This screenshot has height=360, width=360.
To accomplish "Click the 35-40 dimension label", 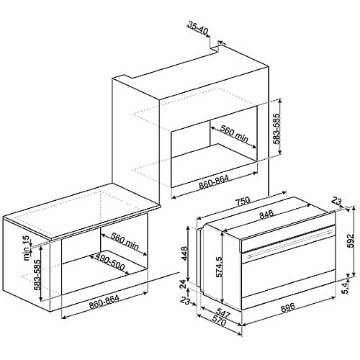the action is (198, 28).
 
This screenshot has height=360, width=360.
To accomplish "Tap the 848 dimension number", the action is (266, 214).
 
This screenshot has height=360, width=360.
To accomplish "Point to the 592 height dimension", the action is (351, 240).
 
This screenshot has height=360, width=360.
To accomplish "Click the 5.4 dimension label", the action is (345, 288).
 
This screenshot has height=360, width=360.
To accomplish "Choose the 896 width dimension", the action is (287, 307).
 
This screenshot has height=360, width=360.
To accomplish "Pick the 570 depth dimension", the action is (218, 322).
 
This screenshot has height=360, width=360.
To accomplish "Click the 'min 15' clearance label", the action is (27, 248).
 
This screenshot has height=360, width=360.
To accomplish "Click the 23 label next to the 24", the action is (186, 301).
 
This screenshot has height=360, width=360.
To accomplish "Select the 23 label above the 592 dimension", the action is (338, 201).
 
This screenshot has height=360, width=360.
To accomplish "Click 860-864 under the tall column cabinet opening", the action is (214, 181).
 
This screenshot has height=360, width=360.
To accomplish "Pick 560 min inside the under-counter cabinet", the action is (125, 241).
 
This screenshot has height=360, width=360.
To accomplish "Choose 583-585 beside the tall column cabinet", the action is (276, 129).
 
